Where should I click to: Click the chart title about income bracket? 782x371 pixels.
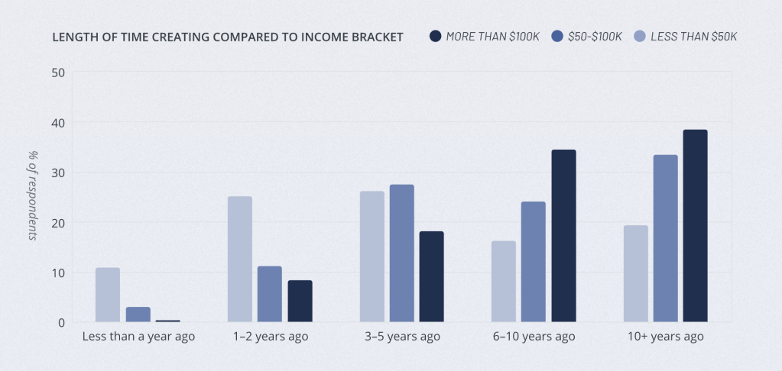point(228,37)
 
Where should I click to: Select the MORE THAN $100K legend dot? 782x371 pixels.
point(436,37)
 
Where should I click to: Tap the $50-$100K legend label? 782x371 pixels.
point(595,37)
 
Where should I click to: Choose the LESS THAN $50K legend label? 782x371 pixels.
point(694,37)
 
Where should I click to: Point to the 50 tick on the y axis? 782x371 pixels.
point(58,73)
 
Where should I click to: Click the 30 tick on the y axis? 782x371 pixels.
point(58,173)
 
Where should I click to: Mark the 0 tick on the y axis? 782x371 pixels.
point(61,323)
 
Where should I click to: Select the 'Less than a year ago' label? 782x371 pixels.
point(138,337)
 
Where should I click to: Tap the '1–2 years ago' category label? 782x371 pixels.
point(270,337)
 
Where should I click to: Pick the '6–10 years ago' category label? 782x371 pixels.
point(534,337)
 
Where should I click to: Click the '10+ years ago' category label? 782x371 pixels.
point(665,337)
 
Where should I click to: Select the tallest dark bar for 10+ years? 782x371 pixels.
point(695,226)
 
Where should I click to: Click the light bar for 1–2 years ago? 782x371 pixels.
point(240,260)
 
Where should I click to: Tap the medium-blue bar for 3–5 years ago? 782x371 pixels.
point(402,253)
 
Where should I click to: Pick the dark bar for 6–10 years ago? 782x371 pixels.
point(563,236)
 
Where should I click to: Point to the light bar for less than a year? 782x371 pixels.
point(108,295)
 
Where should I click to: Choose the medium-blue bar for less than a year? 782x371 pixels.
point(138,315)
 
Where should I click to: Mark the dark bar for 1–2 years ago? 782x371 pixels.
point(300,302)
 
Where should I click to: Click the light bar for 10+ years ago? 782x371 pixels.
point(636,274)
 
